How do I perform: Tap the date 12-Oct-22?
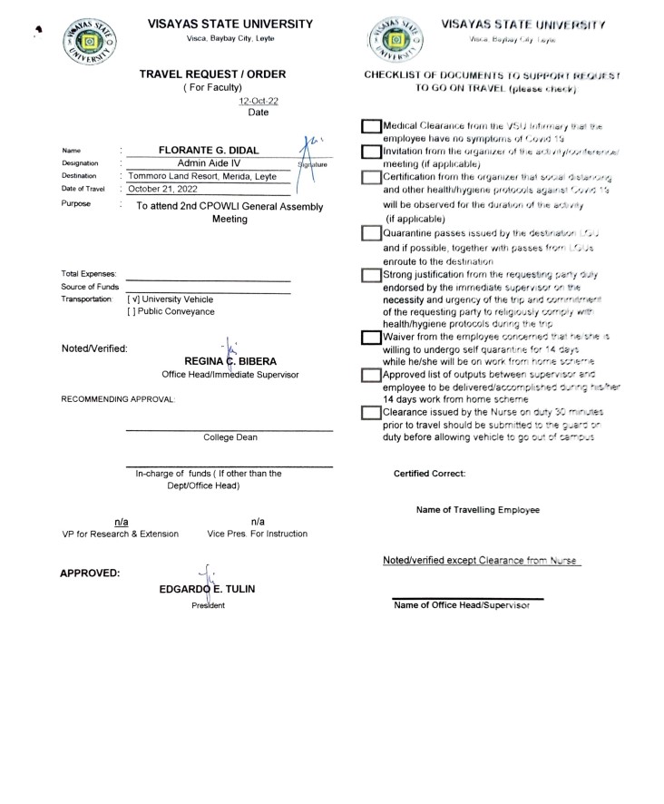pos(258,102)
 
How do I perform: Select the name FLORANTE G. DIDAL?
pos(210,150)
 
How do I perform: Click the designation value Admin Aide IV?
pos(210,162)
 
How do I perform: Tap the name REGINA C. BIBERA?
pos(230,361)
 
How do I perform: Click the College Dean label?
pos(229,437)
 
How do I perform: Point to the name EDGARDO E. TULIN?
pos(207,588)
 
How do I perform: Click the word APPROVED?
pos(90,573)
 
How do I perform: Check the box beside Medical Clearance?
pos(371,127)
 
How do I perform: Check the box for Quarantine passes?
pos(371,234)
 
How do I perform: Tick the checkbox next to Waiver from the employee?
pos(371,337)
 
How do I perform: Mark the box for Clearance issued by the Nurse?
pos(371,413)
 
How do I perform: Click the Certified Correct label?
pos(429,474)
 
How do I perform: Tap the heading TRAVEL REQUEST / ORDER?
pos(212,74)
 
